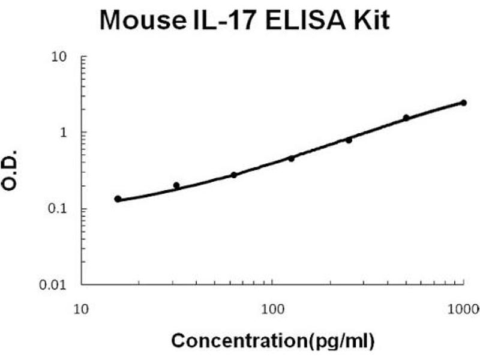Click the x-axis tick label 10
click(82, 310)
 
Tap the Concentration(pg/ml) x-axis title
click(273, 341)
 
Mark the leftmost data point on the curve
click(118, 199)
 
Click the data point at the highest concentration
click(463, 103)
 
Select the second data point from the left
click(176, 185)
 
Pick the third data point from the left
click(234, 175)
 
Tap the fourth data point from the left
click(292, 158)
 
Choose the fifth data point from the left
click(349, 140)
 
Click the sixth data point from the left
click(406, 118)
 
